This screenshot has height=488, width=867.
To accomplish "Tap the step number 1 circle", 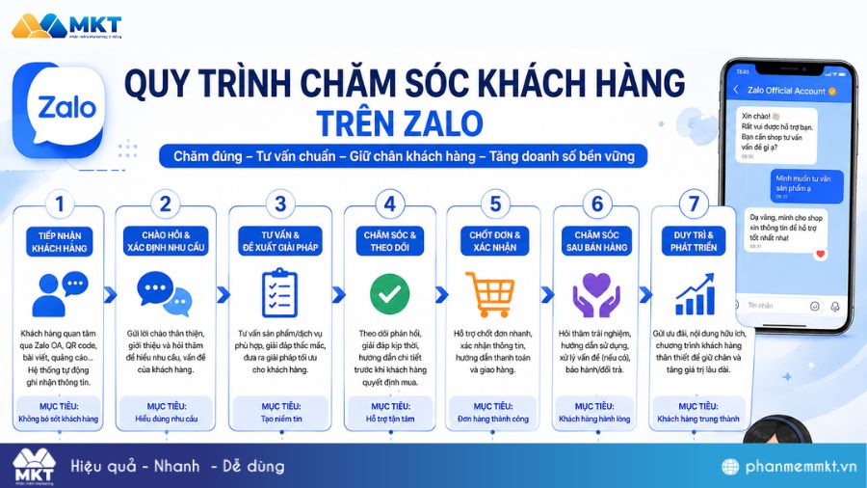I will tap(60, 203).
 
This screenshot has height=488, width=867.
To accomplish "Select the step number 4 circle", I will tap(389, 203).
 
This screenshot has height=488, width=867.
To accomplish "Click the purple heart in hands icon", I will tap(596, 294).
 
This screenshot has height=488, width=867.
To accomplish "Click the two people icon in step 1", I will tap(60, 294).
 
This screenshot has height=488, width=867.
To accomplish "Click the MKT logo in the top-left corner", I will tap(67, 25).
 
